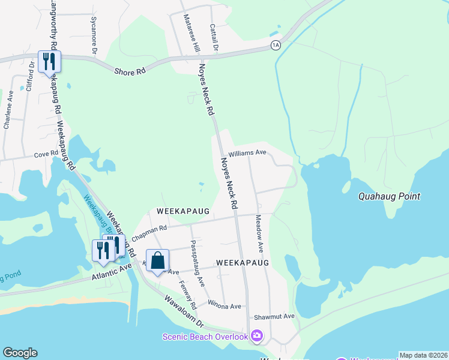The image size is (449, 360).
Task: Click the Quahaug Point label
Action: pos(389,196)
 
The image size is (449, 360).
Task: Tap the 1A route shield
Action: pos(276,45)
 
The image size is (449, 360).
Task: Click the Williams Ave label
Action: pos(247,153)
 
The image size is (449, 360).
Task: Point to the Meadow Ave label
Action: pos(259,233)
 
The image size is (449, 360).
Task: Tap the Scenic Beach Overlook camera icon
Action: pos(257,336)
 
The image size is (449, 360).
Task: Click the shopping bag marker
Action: pos(157,260)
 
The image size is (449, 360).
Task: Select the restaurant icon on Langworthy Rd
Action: pos(49,61)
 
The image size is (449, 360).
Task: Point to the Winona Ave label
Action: pos(224,306)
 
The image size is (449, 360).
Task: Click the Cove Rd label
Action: pos(45,154)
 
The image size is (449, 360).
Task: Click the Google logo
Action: pos(20,353)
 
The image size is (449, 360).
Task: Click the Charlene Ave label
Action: pos(8,110)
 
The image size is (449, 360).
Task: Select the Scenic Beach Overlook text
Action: pos(205,337)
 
